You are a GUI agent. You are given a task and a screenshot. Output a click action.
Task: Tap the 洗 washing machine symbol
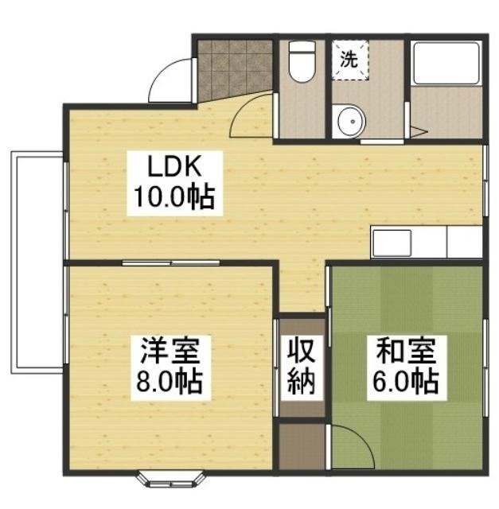point(349,57)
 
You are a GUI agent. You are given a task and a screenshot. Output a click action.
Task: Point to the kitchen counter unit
point(427,242)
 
